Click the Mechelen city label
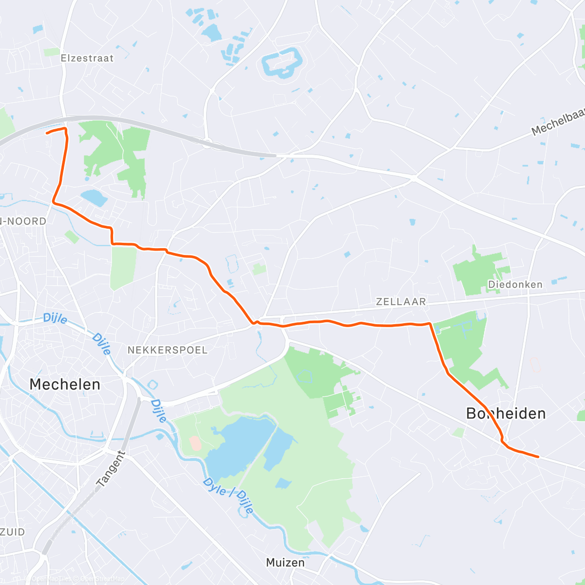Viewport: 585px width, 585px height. (65, 384)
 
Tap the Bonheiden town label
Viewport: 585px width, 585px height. (506, 413)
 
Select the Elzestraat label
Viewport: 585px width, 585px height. (87, 58)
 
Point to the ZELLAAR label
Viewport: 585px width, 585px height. (401, 302)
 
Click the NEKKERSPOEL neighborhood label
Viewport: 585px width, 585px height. (167, 350)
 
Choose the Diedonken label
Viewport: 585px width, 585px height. (515, 284)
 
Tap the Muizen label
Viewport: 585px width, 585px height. (285, 562)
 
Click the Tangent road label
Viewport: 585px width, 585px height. (111, 469)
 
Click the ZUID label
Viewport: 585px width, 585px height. (13, 532)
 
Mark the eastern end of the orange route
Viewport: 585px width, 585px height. (538, 457)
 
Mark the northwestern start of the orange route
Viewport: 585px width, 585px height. (46, 132)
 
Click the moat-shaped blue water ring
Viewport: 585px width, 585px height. (282, 63)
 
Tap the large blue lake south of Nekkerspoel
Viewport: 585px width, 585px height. (239, 446)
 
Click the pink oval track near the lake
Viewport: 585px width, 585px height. (195, 443)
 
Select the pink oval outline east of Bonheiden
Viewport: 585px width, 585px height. (534, 364)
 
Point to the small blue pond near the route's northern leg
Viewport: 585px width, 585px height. (94, 197)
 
